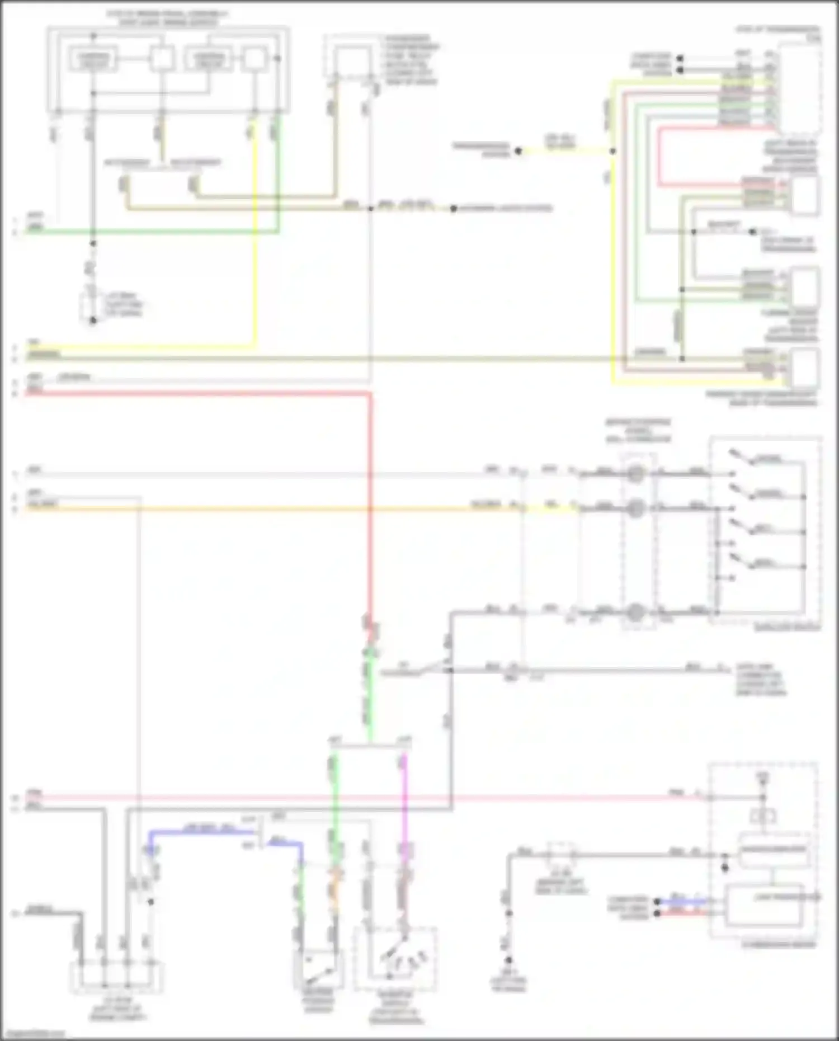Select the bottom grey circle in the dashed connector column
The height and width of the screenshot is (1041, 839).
[x=635, y=613]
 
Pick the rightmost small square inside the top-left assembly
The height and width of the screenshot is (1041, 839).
[x=253, y=59]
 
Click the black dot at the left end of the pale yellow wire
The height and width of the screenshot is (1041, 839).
[x=518, y=150]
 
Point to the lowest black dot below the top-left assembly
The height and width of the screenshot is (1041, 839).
[x=93, y=321]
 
